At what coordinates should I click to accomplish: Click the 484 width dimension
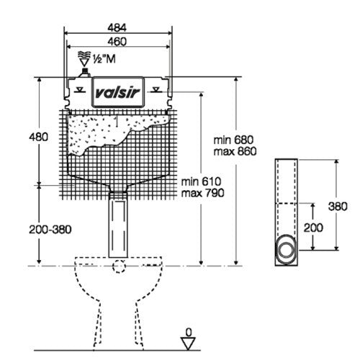point(117,27)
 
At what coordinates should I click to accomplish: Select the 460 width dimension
point(117,42)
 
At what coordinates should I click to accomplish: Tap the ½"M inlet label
point(104,59)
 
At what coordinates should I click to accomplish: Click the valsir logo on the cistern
point(117,92)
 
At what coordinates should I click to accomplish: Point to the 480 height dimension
point(38,137)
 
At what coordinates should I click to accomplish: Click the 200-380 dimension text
point(50,230)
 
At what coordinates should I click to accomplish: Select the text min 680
point(233,140)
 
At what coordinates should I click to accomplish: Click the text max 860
point(235,151)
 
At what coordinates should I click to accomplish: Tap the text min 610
point(201,181)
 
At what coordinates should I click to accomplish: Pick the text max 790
point(202,193)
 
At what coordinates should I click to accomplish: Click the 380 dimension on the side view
point(338,207)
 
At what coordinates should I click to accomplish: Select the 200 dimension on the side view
point(313,228)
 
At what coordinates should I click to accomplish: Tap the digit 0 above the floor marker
point(189,333)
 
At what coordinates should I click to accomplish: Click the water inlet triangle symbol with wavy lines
point(84,59)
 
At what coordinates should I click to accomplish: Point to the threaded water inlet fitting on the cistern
point(84,73)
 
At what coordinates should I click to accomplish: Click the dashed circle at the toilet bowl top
point(119,266)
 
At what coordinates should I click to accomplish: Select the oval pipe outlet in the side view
point(287,249)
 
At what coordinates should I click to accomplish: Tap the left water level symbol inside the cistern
point(79,89)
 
